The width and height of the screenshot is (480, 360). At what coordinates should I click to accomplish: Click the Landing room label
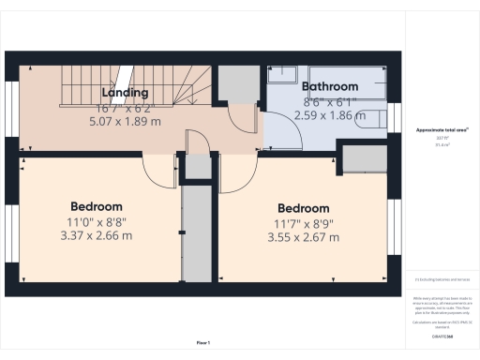pos(125,93)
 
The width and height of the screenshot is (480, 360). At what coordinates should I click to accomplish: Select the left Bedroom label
pos(97,205)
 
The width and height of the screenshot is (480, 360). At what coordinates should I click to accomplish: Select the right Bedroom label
pos(303,208)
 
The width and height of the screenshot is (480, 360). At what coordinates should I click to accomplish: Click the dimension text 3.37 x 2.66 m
pos(97,235)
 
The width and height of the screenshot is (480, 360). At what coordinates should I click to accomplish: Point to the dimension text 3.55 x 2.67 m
pos(303,238)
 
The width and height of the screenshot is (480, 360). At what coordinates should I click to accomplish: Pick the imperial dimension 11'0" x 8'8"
pos(97,221)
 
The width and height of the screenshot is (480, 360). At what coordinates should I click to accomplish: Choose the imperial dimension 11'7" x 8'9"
pos(303,223)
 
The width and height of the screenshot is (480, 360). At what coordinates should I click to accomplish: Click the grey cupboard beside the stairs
pos(237,84)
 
